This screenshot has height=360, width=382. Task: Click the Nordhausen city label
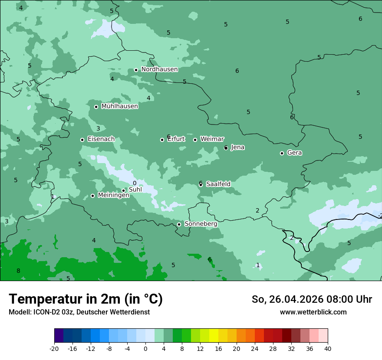tap(159, 69)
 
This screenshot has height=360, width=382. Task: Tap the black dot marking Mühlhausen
tap(96, 107)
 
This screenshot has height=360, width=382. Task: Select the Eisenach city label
tap(101, 139)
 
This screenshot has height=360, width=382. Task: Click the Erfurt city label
tap(176, 139)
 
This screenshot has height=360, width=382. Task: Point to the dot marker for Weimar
tap(195, 140)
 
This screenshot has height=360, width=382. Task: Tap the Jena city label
tap(238, 147)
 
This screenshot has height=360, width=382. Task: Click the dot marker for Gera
tap(282, 153)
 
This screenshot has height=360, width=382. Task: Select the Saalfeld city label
tap(218, 184)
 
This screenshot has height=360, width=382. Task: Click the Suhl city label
tap(135, 190)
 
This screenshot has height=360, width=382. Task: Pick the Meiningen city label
tap(113, 196)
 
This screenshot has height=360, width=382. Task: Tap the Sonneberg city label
tap(201, 224)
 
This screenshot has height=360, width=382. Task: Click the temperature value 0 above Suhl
tap(135, 183)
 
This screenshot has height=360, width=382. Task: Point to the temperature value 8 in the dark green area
tap(18, 271)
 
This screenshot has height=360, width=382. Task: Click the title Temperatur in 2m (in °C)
tap(86, 299)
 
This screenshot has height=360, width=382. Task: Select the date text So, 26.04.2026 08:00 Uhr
tap(312, 299)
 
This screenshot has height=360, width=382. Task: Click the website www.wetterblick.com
tap(313, 312)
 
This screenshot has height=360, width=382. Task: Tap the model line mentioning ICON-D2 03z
tap(79, 312)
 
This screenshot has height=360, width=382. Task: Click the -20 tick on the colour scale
tap(54, 348)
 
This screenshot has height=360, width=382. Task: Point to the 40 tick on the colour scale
tap(327, 348)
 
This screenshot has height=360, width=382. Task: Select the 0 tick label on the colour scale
tap(145, 348)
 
